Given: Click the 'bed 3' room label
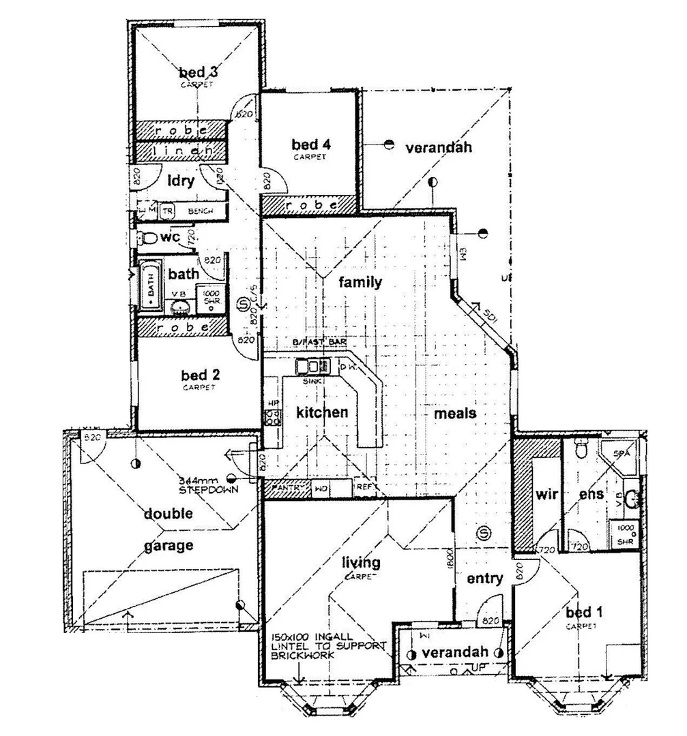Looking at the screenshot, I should pos(198,72).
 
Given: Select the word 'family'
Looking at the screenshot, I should pos(362,282).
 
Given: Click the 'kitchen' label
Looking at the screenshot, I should pos(322,412).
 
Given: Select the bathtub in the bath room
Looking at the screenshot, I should pos(149,287).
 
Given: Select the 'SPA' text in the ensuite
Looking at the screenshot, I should pos(621,453).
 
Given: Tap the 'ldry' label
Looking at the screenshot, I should pos(181,181).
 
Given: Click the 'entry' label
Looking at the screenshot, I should pos(485,579).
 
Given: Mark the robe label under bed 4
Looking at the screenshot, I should pos(310,204).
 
